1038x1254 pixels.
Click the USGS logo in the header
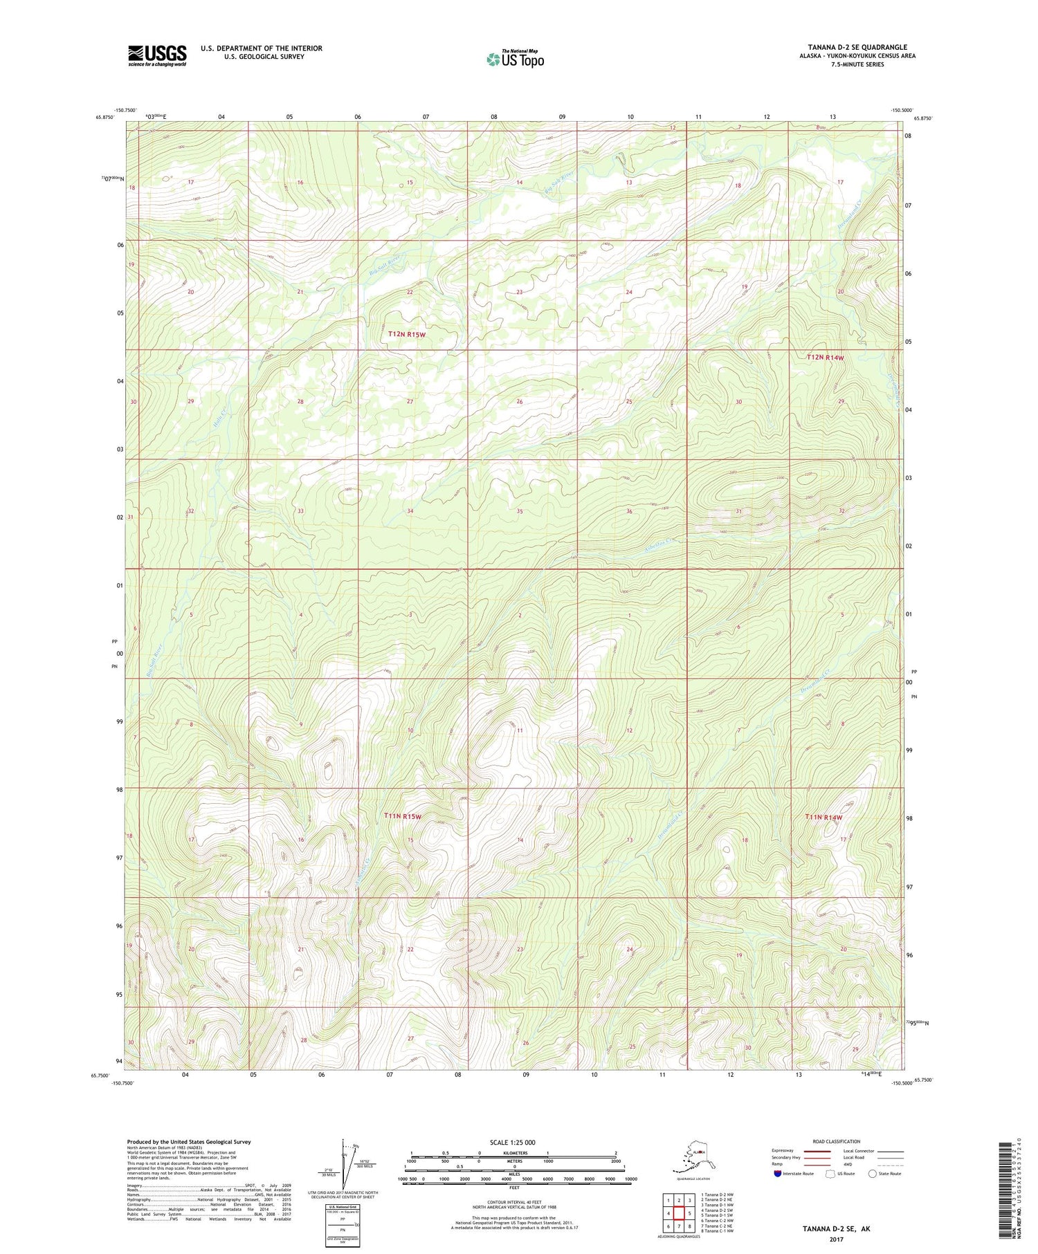point(157,55)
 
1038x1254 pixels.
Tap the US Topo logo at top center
point(515,59)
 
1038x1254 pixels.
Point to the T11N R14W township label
point(823,817)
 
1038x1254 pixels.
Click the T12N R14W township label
point(826,357)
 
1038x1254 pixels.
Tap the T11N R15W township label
point(402,816)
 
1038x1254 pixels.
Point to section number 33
point(300,510)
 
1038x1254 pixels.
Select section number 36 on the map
point(629,511)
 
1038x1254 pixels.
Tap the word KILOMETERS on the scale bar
point(514,1153)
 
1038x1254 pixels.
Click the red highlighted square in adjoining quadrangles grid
point(679,1212)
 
